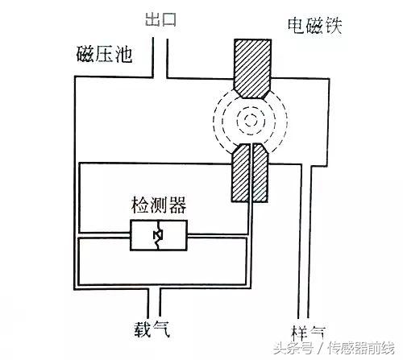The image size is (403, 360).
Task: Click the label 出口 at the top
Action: [x=160, y=19]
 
